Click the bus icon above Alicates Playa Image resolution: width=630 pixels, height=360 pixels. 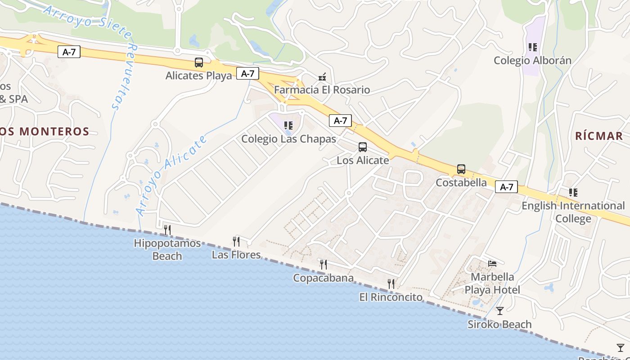tap(199, 63)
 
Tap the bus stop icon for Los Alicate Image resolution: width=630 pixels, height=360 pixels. tap(363, 147)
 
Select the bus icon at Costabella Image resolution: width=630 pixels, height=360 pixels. tap(461, 170)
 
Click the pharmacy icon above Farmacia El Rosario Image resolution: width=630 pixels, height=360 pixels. tap(322, 77)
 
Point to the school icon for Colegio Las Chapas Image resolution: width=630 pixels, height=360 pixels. tap(288, 126)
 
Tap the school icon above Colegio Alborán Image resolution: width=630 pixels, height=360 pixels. tap(533, 47)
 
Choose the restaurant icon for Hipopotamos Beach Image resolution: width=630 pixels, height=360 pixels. tap(167, 230)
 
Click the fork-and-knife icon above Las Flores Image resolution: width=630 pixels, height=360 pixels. tap(236, 242)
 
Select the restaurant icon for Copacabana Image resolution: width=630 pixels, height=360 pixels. tap(324, 265)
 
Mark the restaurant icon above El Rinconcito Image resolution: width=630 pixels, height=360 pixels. tap(391, 284)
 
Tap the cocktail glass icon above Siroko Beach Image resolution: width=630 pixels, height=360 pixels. tap(499, 311)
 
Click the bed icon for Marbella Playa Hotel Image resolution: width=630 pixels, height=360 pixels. tap(492, 263)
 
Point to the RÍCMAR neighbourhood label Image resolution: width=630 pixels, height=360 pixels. tap(599, 136)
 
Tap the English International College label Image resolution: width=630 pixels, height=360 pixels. tap(573, 212)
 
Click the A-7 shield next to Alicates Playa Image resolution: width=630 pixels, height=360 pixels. tap(248, 74)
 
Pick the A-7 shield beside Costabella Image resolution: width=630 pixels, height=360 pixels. tap(506, 187)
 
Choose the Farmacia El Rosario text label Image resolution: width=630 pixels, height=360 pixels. tap(322, 90)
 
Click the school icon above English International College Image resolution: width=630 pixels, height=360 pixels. tap(573, 193)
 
